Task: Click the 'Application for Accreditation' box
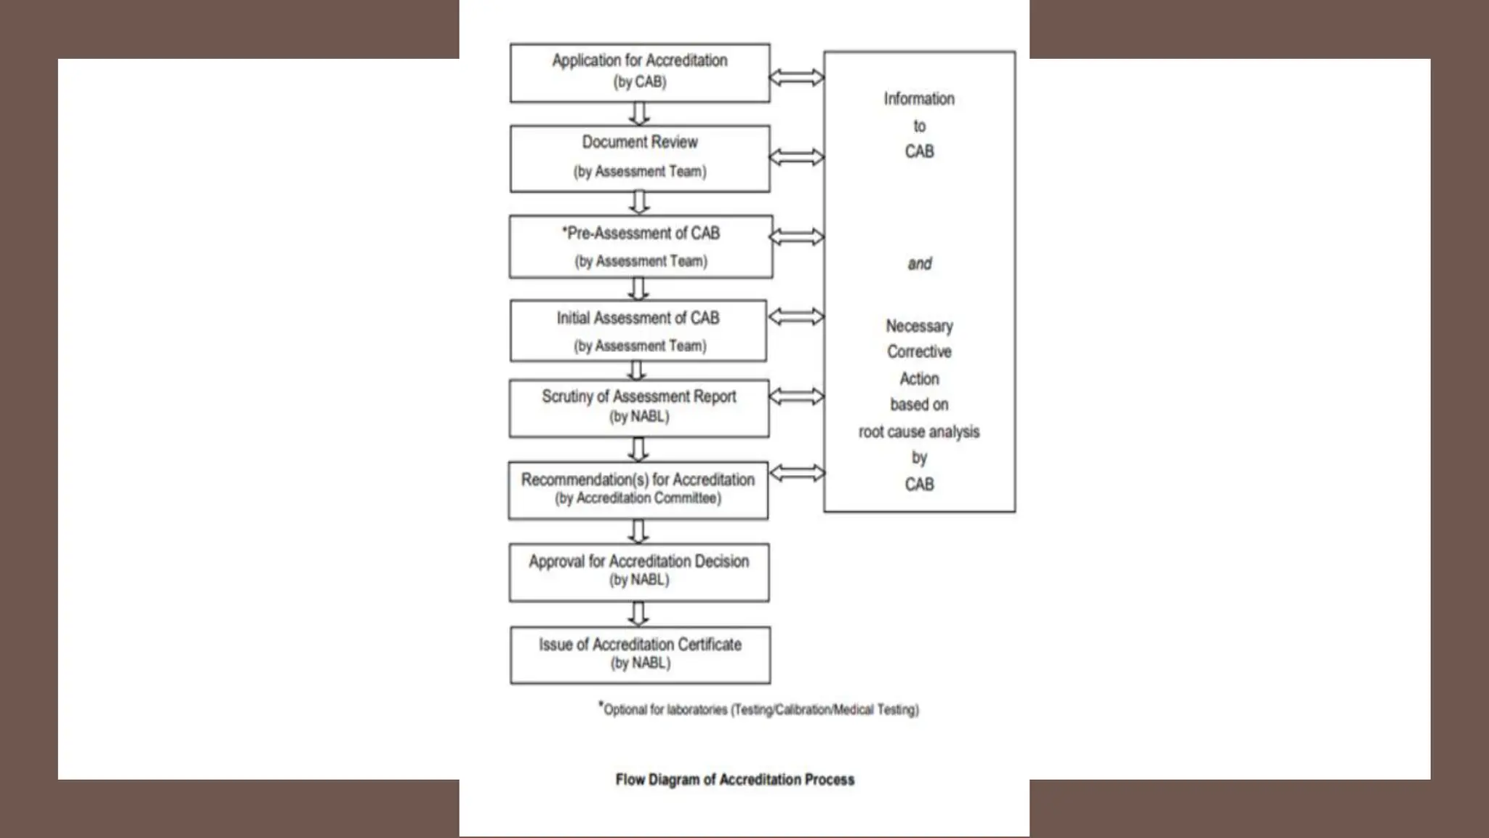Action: coord(640,72)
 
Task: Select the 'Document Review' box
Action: coord(640,159)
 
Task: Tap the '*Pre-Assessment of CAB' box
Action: coord(641,247)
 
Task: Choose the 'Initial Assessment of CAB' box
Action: coord(638,331)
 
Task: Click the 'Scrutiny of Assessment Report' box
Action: coord(639,408)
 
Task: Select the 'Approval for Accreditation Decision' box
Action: coord(639,572)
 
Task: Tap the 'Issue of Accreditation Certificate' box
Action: coord(640,655)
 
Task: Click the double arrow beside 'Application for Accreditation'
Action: coord(797,77)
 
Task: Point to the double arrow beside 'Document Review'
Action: coord(797,157)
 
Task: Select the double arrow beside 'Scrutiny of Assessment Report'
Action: coord(797,396)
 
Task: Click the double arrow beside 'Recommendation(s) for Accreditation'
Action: coord(798,474)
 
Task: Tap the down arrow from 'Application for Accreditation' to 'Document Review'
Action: coord(639,113)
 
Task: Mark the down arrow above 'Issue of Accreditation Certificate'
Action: coord(638,614)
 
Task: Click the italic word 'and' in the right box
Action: coord(920,263)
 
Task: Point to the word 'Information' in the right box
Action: coord(919,99)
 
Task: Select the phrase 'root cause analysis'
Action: coord(919,432)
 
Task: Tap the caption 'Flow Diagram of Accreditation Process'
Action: coord(735,780)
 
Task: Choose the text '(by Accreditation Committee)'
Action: coord(638,499)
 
